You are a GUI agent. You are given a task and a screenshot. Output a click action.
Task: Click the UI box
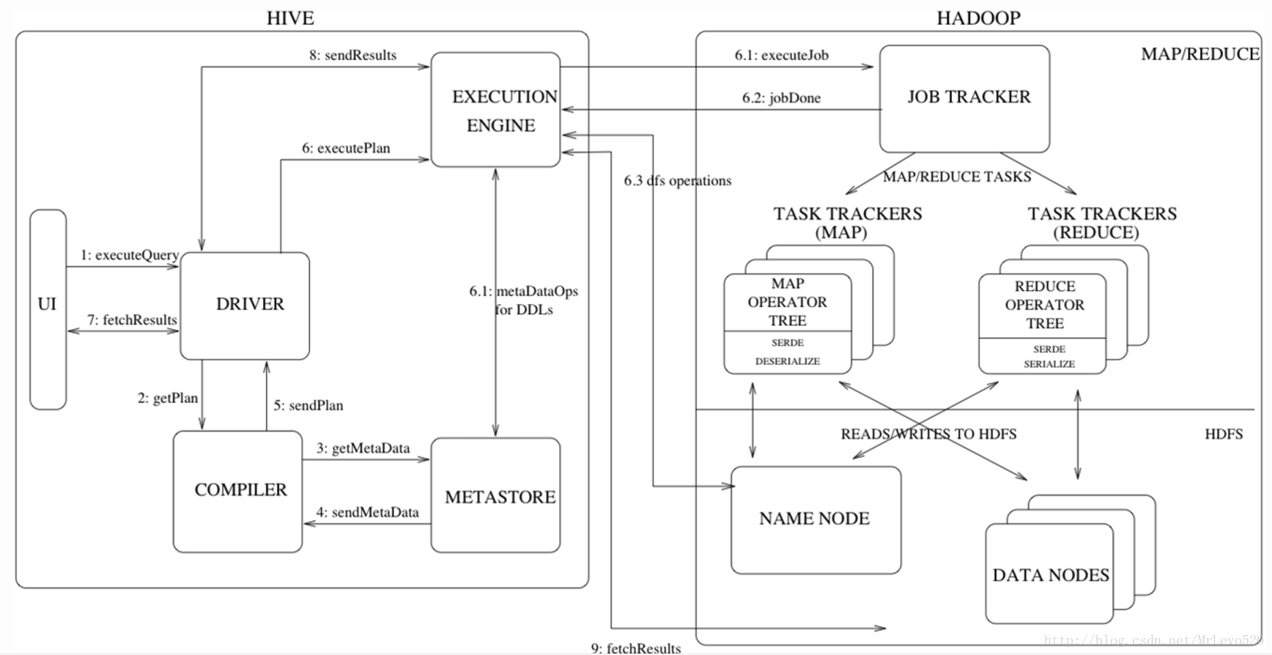(48, 308)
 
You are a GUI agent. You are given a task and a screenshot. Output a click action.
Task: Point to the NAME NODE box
(816, 519)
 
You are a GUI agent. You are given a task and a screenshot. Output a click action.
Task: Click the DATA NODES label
(1050, 575)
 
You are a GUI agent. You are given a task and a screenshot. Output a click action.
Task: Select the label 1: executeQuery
(130, 255)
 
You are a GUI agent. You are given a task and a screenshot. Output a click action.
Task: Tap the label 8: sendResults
(352, 55)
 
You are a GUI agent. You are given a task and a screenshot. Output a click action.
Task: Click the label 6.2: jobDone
(781, 98)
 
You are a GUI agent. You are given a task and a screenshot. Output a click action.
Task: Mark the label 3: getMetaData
(363, 448)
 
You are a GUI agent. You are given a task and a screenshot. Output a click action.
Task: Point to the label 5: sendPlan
(308, 405)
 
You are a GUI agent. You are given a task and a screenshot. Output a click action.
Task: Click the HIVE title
(290, 18)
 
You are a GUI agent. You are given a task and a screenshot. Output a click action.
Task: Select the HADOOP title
(978, 18)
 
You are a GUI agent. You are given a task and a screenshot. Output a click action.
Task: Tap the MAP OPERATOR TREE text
(788, 302)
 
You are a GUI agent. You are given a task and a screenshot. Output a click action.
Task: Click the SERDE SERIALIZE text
(1049, 356)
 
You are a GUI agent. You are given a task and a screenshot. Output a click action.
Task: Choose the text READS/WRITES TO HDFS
(928, 434)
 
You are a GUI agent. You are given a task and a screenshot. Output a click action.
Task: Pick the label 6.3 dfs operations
(678, 180)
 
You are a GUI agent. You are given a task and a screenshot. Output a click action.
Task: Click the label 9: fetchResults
(636, 648)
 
